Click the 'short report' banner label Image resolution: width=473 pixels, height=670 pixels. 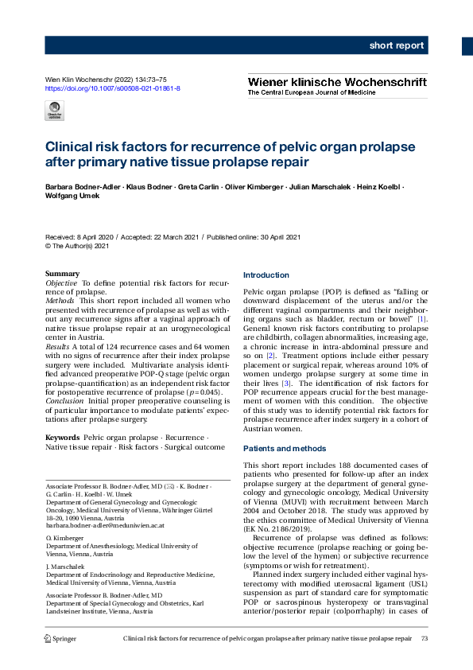tap(396, 45)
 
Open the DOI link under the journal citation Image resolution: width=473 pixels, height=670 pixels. tap(112, 88)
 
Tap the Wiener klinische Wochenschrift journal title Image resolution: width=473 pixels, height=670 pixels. tap(337, 81)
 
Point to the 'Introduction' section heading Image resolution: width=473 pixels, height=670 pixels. tap(266, 275)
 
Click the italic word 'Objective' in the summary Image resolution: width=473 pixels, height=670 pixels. tap(61, 283)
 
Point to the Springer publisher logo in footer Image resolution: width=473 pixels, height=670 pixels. tap(60, 638)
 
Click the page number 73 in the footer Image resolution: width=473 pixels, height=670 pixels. tap(424, 638)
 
